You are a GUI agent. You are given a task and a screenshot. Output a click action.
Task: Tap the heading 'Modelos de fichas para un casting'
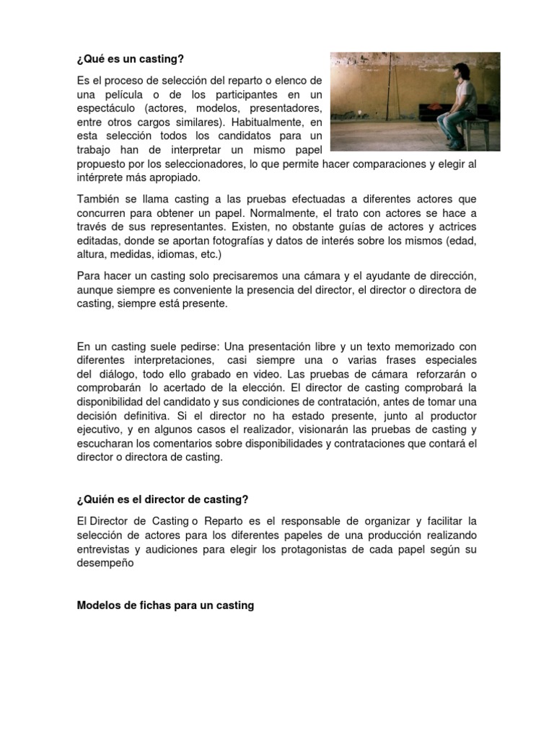(x=165, y=605)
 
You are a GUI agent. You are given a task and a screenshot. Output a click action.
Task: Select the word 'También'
(x=98, y=198)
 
